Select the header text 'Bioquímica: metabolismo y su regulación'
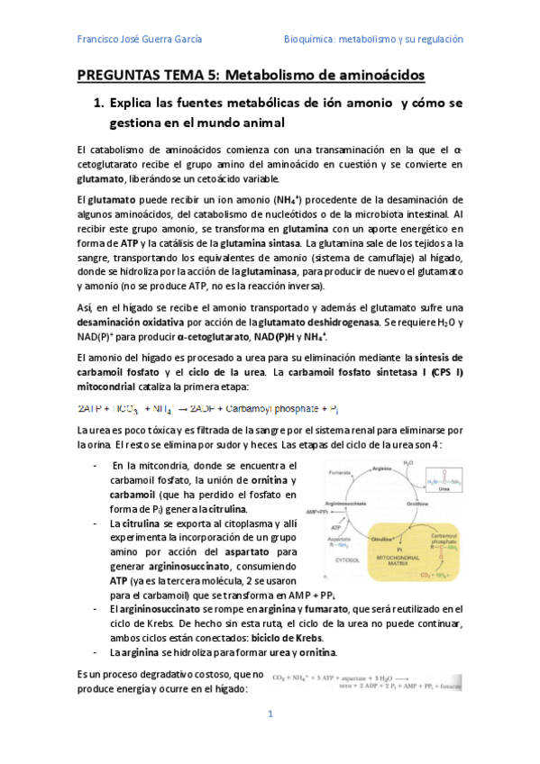[x=373, y=39]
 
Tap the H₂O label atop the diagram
[x=407, y=462]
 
